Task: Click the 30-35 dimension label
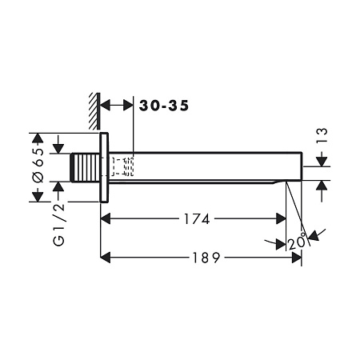click(164, 106)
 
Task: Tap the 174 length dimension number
click(197, 219)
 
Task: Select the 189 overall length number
click(206, 258)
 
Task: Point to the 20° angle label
click(297, 242)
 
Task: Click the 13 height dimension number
click(322, 136)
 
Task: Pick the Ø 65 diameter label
click(38, 165)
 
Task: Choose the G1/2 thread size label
click(59, 225)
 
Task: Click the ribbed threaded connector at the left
click(86, 167)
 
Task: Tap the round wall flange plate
click(104, 167)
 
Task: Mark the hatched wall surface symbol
click(94, 111)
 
